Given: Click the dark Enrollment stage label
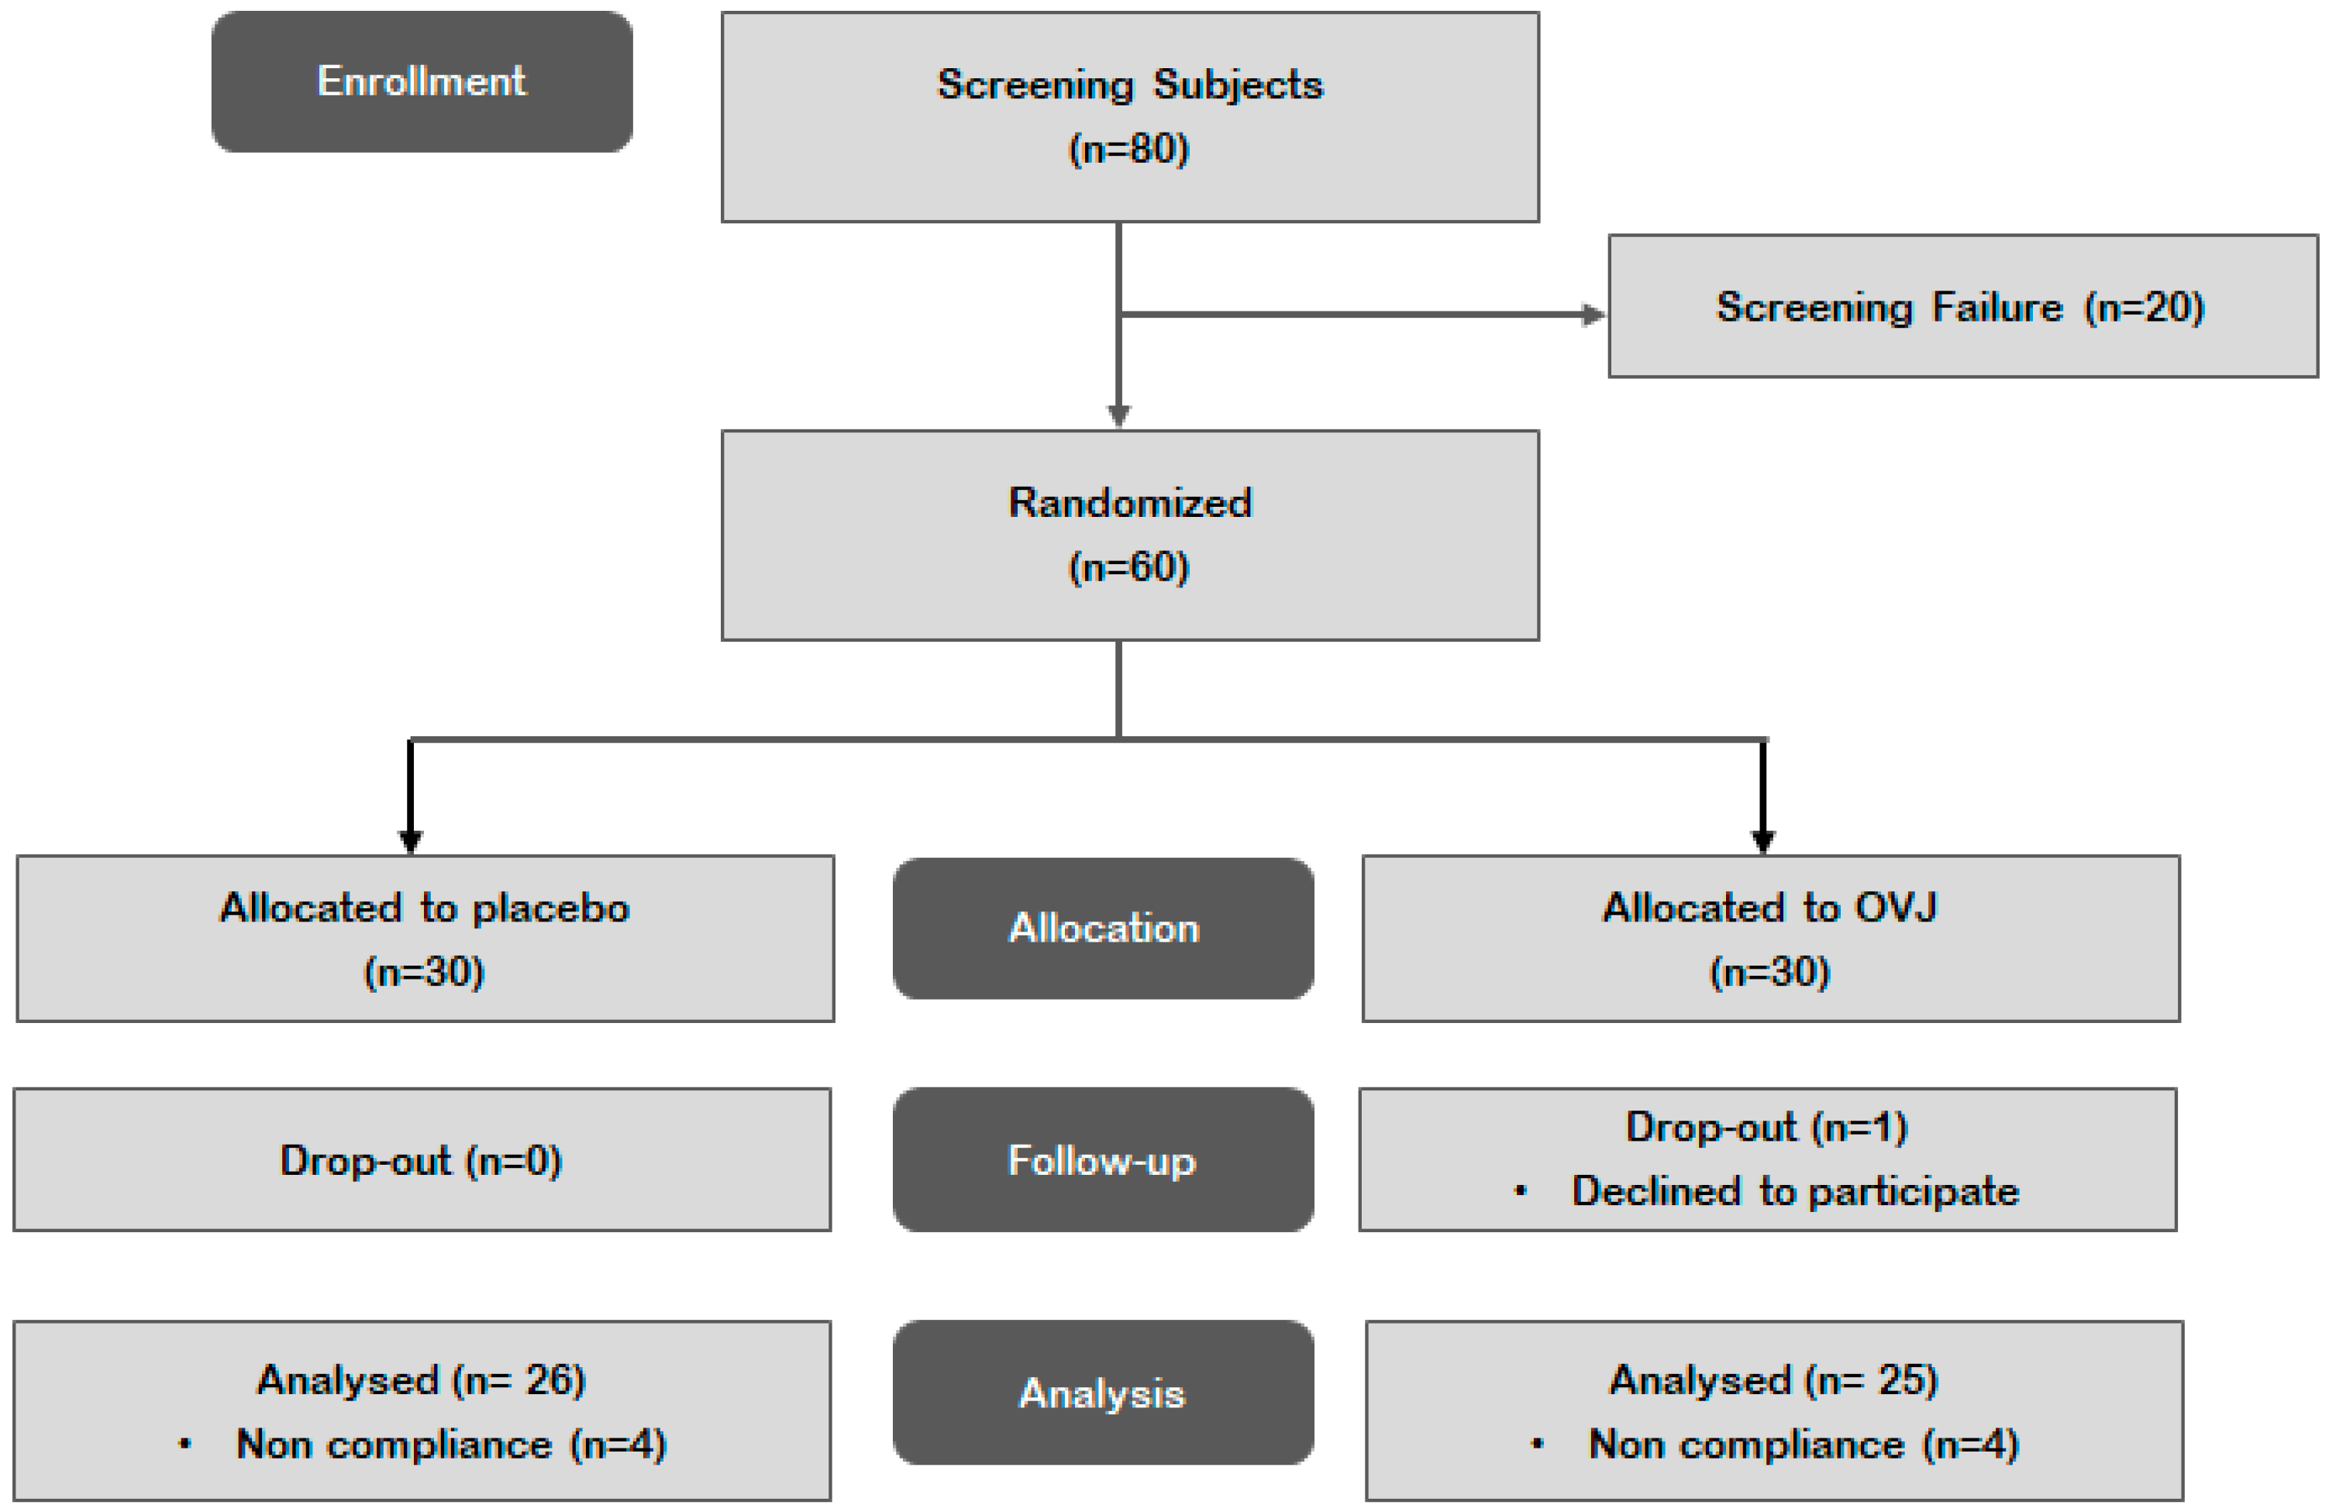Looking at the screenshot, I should pos(422,81).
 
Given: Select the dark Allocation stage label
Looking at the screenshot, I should pos(1103,928).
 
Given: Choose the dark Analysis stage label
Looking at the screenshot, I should pos(1103,1393).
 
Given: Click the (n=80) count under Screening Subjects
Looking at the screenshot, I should pos(1128,149).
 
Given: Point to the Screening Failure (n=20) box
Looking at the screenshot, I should pos(1962,306).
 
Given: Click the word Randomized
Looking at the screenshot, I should pos(1130,502).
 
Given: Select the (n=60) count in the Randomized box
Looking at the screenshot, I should pos(1128,567).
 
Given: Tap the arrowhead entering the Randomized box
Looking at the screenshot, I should pos(1118,417).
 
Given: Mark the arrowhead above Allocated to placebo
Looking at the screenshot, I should pos(411,842).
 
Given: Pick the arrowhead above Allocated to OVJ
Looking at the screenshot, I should pos(1762,842).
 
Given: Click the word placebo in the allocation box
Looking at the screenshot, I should pos(551,909).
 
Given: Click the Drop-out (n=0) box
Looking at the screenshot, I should pos(422,1159).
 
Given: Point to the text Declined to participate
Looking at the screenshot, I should pos(1795,1191).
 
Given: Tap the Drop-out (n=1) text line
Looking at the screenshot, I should pos(1766,1128).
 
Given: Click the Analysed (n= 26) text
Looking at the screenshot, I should pos(421,1380).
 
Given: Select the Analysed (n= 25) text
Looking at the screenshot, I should pos(1773,1380).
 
